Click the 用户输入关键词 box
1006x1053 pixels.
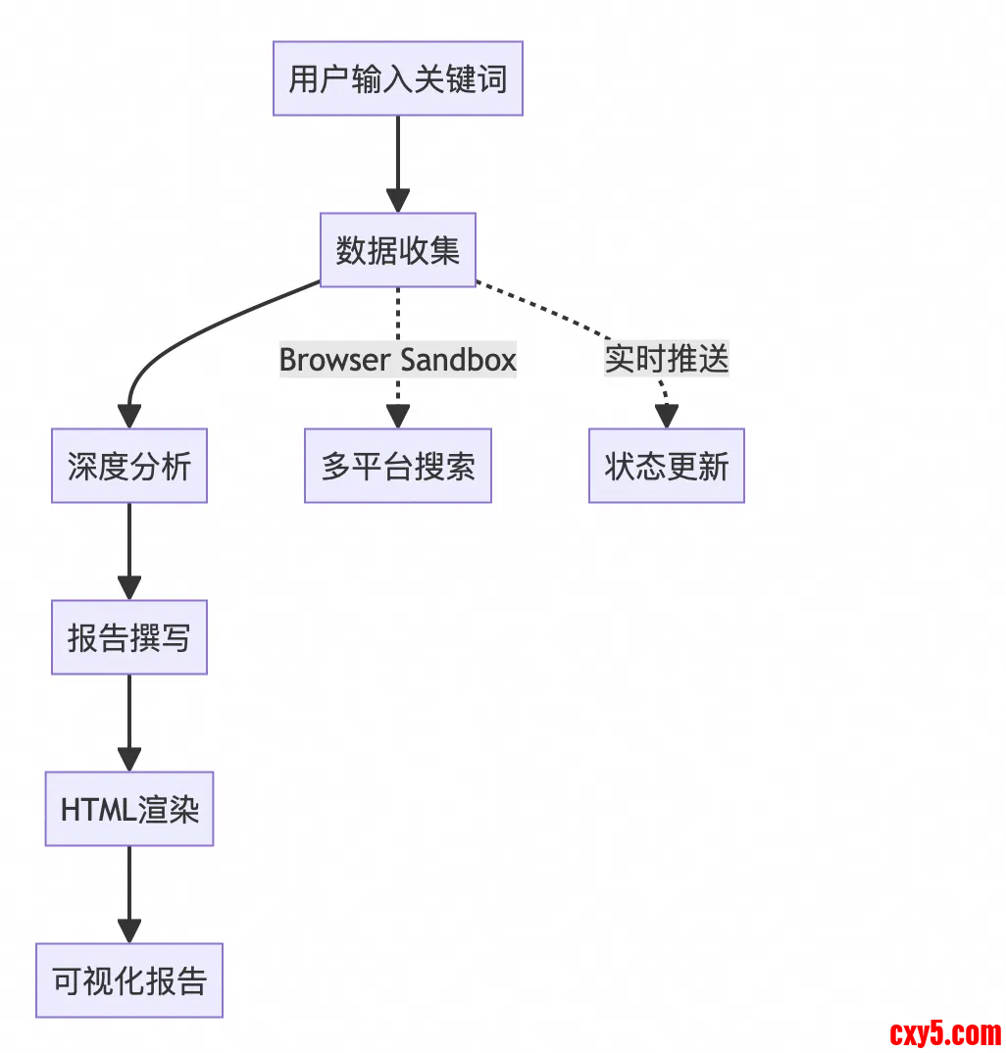pyautogui.click(x=397, y=78)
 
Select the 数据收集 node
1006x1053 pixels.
pyautogui.click(x=397, y=250)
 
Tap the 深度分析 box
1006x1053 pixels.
pyautogui.click(x=129, y=466)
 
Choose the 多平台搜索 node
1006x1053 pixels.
pyautogui.click(x=397, y=466)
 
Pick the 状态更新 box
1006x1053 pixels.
pyautogui.click(x=667, y=466)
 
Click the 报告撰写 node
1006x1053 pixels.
pyautogui.click(x=129, y=637)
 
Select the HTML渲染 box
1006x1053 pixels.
pyautogui.click(x=129, y=809)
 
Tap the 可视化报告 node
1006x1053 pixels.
pyautogui.click(x=129, y=980)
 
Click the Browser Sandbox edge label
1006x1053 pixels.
pyautogui.click(x=397, y=360)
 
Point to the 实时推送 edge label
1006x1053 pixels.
pyautogui.click(x=667, y=360)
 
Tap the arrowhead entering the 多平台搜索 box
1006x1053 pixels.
pyautogui.click(x=397, y=417)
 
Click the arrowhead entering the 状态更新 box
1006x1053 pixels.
pyautogui.click(x=667, y=417)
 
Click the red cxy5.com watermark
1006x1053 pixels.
pyautogui.click(x=945, y=1032)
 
